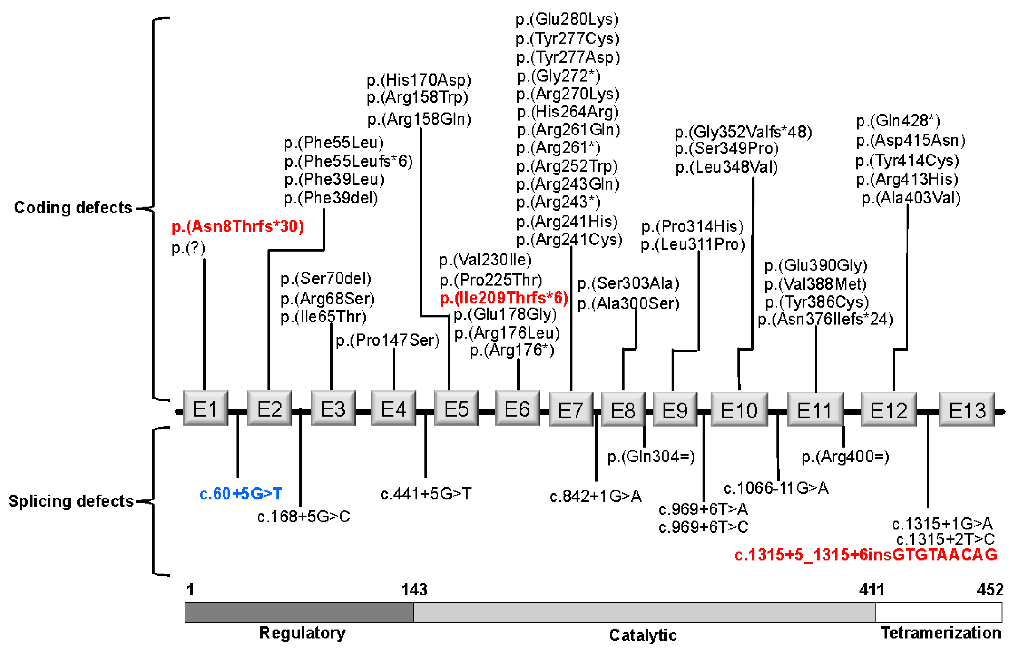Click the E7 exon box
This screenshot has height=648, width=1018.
(x=571, y=409)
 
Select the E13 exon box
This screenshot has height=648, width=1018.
(x=967, y=409)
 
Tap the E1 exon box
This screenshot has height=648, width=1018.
(x=206, y=408)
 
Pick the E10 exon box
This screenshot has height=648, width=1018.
(x=739, y=409)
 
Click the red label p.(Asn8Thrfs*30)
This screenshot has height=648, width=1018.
(x=238, y=227)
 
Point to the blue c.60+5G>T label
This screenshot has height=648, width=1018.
(x=241, y=493)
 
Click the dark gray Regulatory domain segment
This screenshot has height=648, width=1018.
(x=299, y=612)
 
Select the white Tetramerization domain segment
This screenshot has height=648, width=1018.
(x=938, y=612)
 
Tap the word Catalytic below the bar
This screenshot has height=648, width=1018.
(x=642, y=635)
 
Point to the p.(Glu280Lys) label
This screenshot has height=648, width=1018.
(x=567, y=19)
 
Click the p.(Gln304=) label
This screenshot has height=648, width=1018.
(x=651, y=456)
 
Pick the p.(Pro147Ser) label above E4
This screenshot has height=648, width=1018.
(x=387, y=340)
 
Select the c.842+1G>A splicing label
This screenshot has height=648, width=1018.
(x=595, y=496)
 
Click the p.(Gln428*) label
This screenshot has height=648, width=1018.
(x=898, y=121)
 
